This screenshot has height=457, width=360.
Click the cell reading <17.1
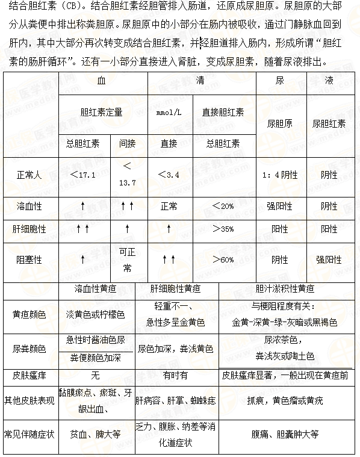[83, 175]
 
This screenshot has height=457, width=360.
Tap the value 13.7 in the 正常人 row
[127, 182]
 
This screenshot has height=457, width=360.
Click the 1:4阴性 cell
[280, 175]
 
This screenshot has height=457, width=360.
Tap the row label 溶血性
[29, 206]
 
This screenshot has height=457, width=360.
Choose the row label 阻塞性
[29, 260]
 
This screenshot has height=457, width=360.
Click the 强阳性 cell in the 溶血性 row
[280, 206]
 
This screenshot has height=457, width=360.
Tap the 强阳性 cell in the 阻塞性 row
[329, 260]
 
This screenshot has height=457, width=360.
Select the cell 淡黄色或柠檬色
[95, 314]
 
